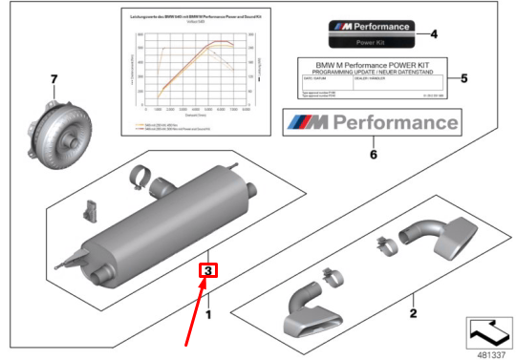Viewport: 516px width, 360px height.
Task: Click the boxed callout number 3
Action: (208, 270)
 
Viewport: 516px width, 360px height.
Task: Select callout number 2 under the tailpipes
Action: (413, 311)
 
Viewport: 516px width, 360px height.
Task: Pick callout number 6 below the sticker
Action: (375, 152)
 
